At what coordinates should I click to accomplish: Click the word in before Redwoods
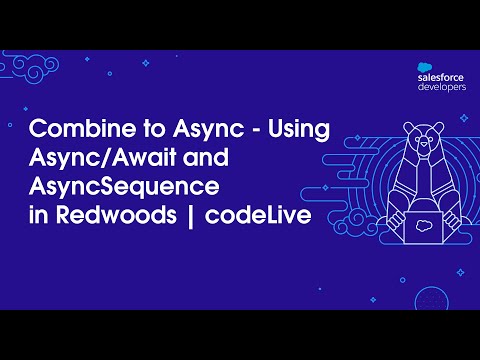(x=39, y=215)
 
